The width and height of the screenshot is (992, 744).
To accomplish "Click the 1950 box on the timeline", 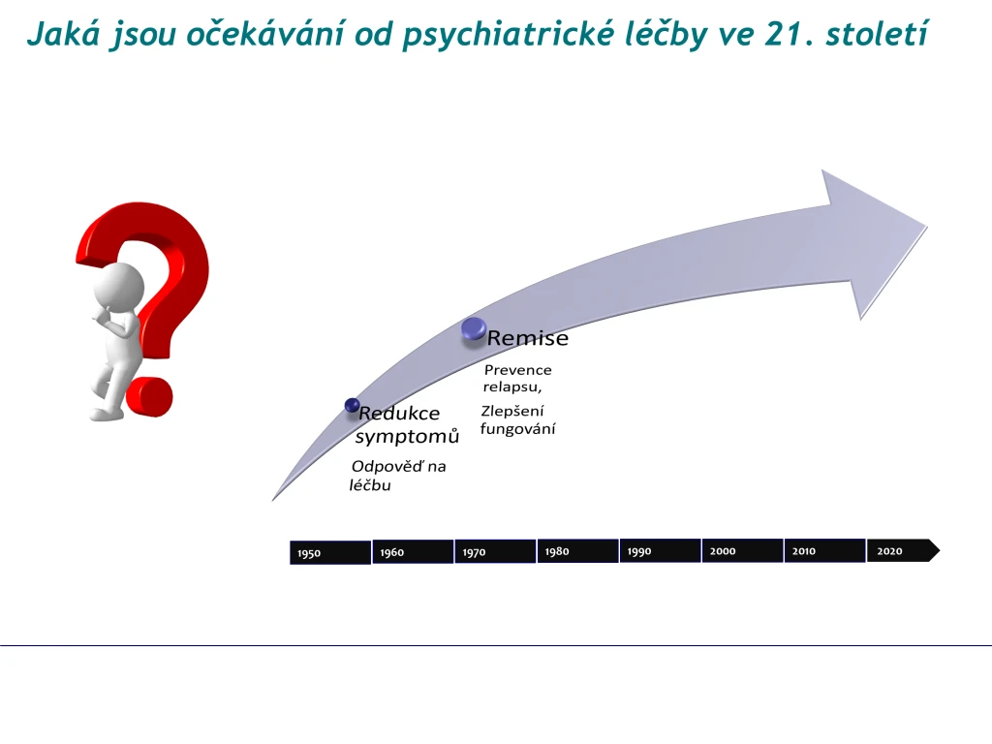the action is [330, 552].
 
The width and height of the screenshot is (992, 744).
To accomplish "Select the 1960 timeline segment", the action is [413, 551].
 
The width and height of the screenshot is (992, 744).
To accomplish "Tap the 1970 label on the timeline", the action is [474, 552].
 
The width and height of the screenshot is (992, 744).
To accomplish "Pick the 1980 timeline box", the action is [577, 551].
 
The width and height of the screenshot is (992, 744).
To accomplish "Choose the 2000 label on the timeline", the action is [723, 551].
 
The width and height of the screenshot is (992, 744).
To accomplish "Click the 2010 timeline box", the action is [824, 550].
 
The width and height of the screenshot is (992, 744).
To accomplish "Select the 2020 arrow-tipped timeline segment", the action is [903, 550].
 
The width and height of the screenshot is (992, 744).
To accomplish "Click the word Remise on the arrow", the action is [528, 338].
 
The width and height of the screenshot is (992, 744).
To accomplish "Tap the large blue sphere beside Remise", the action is [474, 329].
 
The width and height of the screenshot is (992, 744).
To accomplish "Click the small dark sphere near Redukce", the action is [353, 406].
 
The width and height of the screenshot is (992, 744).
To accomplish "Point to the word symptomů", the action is [408, 437].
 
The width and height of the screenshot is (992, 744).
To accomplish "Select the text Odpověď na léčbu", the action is [398, 476].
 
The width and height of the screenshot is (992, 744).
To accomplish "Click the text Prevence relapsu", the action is [517, 379].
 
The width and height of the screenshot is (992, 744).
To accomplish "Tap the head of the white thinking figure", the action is [119, 288].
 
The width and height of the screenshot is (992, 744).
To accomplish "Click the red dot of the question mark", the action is [149, 396].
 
